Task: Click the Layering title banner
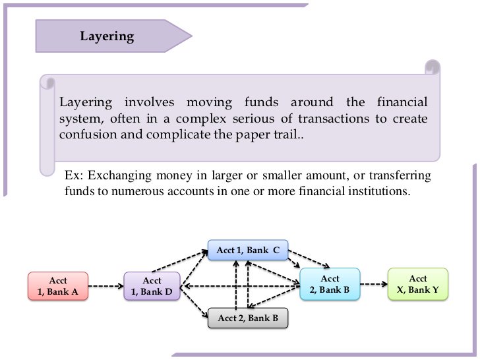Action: (107, 36)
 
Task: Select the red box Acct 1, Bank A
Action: (57, 285)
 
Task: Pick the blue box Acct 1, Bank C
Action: (247, 250)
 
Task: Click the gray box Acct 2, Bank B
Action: (247, 319)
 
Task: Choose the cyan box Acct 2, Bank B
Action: (330, 285)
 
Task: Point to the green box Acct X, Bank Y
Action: (418, 284)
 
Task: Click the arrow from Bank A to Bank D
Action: (105, 286)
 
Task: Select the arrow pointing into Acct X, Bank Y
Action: (374, 285)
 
